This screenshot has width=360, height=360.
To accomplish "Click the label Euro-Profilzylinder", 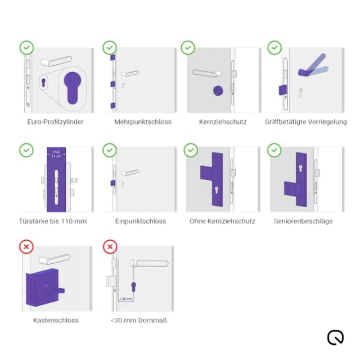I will point(56,121).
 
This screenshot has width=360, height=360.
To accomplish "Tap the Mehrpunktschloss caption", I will point(143,121).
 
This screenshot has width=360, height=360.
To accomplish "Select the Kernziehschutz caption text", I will point(223,121).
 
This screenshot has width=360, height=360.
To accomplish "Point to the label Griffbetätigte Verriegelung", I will point(306,121).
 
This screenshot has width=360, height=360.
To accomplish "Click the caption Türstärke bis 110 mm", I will point(53,221).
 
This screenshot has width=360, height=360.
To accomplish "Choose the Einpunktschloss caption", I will point(141,221).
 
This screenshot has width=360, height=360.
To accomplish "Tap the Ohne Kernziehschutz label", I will point(222,221).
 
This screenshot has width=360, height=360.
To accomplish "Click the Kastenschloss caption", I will point(56,320).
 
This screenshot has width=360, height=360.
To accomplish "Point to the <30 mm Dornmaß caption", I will point(139,320).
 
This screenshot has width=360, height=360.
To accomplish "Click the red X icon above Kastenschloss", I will point(26,246).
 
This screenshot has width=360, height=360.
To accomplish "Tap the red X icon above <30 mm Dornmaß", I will point(110,246).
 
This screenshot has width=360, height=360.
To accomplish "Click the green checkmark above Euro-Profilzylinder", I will point(26,48).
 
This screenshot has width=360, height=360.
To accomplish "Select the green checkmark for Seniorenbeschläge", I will point(274,150).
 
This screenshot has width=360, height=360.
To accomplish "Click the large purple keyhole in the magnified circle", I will point(73,88).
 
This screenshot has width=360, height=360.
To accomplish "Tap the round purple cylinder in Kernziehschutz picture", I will point(218,91).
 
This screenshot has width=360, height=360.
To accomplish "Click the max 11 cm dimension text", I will point(56,154).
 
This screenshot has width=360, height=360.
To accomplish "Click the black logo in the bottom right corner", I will point(335,337).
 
